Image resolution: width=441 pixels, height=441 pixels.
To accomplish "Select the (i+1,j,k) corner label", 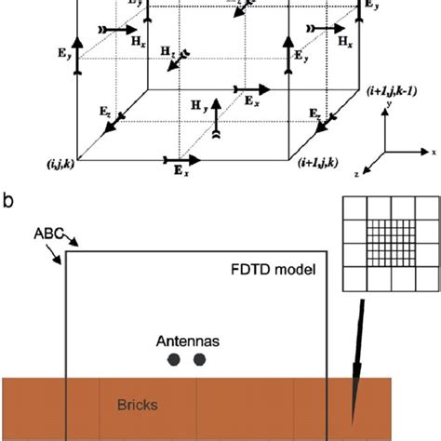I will [x=321, y=163].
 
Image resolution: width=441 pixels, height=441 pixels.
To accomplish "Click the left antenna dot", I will [x=174, y=361].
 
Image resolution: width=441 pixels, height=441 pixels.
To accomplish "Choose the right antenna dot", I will [x=198, y=361].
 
